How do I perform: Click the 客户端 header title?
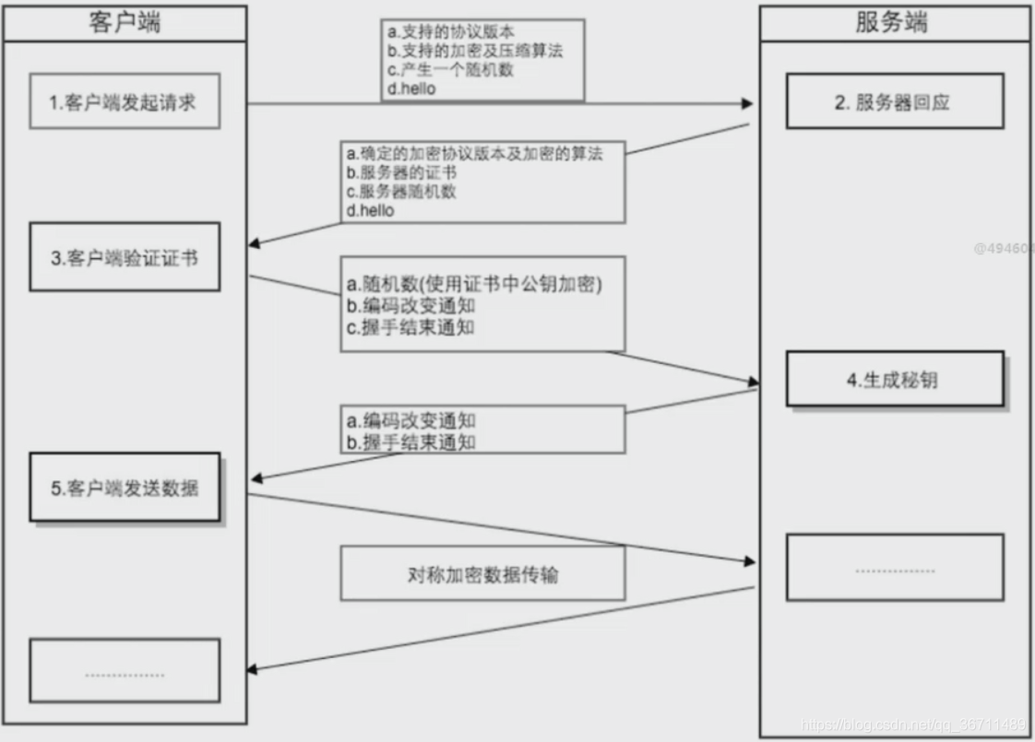coord(125,22)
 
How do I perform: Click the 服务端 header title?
coord(891,22)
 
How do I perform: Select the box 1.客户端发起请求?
coord(124,102)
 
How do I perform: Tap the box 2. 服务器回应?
coord(893,102)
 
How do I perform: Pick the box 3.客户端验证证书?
coord(124,257)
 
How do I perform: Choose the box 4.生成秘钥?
coord(893,379)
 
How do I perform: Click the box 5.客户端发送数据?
coord(124,488)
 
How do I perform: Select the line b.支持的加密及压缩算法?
coord(475,51)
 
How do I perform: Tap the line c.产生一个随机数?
coord(449,70)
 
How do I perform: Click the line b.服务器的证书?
coord(401,172)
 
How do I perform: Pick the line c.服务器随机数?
coord(401,192)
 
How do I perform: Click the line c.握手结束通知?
coord(410,326)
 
